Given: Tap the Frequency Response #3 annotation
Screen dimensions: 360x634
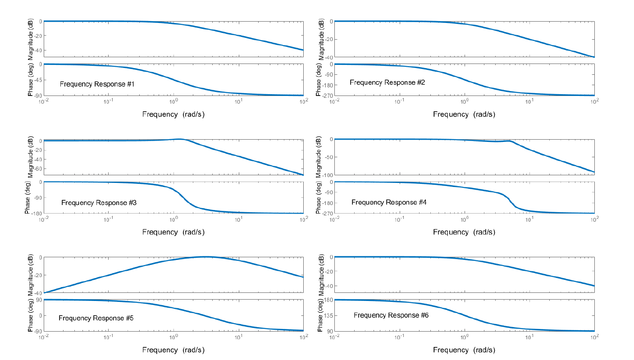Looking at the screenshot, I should click(x=99, y=203).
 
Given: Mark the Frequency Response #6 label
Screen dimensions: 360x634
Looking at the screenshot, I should click(x=391, y=315).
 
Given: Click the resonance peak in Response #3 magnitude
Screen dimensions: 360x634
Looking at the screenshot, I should click(x=180, y=139).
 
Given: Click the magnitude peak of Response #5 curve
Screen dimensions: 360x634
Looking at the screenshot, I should click(x=205, y=257).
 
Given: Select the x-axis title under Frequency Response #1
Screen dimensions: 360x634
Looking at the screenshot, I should click(x=173, y=114).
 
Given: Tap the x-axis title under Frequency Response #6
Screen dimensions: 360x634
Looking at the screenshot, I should click(x=464, y=350).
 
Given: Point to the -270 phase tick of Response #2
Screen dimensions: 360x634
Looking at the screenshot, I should click(x=328, y=96).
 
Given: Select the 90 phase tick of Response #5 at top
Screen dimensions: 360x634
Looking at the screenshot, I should click(x=39, y=300).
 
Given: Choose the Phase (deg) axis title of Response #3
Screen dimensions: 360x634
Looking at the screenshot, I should click(x=27, y=197).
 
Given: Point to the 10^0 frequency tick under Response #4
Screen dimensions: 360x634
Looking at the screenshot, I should click(x=464, y=219).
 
